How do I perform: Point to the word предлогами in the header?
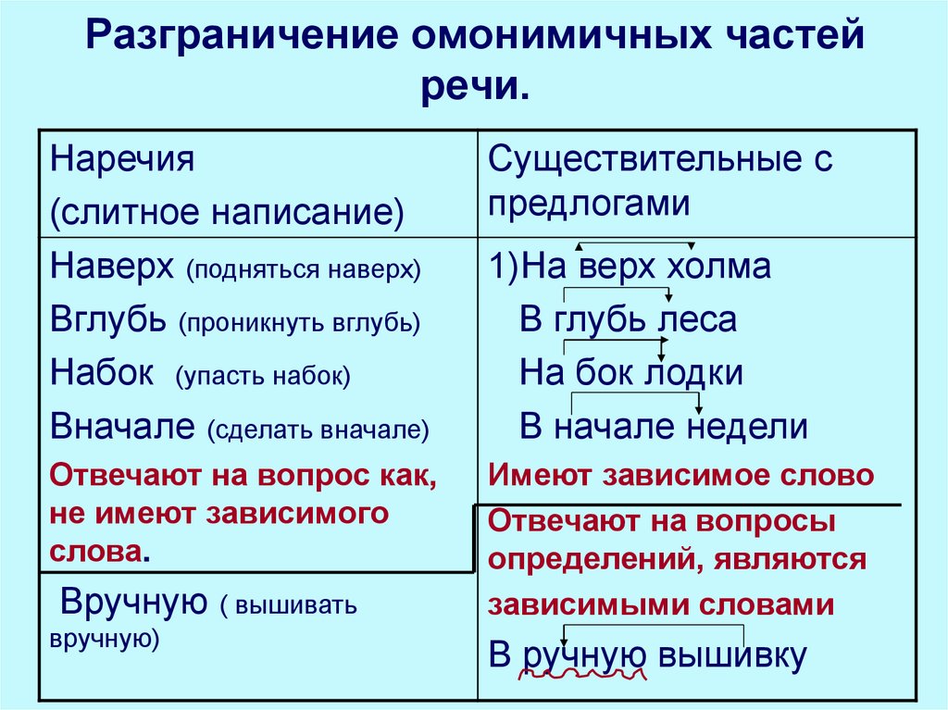click(x=589, y=203)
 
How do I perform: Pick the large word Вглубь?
click(x=107, y=320)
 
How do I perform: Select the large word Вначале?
click(x=123, y=427)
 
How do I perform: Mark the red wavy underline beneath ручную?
click(x=581, y=679)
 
